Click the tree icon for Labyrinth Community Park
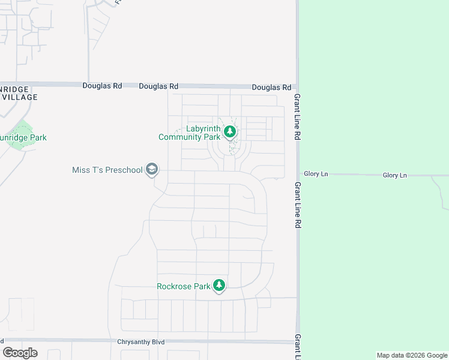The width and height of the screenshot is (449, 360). pos(229,131)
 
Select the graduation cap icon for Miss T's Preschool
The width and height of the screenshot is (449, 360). pos(152,170)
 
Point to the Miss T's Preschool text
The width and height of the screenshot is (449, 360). pos(107,170)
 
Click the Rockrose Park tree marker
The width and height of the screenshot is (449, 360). pos(219,286)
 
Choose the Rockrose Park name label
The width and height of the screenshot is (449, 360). pos(184,286)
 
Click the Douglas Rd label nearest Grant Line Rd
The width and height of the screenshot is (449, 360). pos(271,87)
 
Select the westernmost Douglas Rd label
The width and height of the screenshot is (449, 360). pos(102,86)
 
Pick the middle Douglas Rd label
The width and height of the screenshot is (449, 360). pos(158,86)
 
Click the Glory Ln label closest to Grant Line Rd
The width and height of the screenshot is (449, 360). pos(316,174)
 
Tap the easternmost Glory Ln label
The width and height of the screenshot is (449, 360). pos(395,175)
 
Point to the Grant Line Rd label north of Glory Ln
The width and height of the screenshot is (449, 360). pos(297,117)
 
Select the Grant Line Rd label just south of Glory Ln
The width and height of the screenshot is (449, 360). pos(297,205)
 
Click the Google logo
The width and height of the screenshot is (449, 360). pos(20,352)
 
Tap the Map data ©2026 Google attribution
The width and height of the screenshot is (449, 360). pos(412,355)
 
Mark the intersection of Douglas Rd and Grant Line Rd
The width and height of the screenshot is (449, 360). pos(297,87)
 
